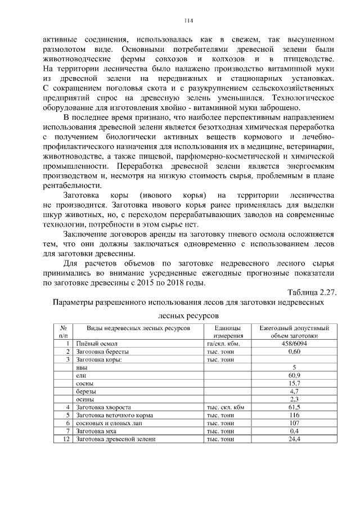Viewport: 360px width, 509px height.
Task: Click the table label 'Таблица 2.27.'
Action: (x=312, y=292)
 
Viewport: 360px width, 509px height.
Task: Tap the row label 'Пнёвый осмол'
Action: (x=97, y=344)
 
